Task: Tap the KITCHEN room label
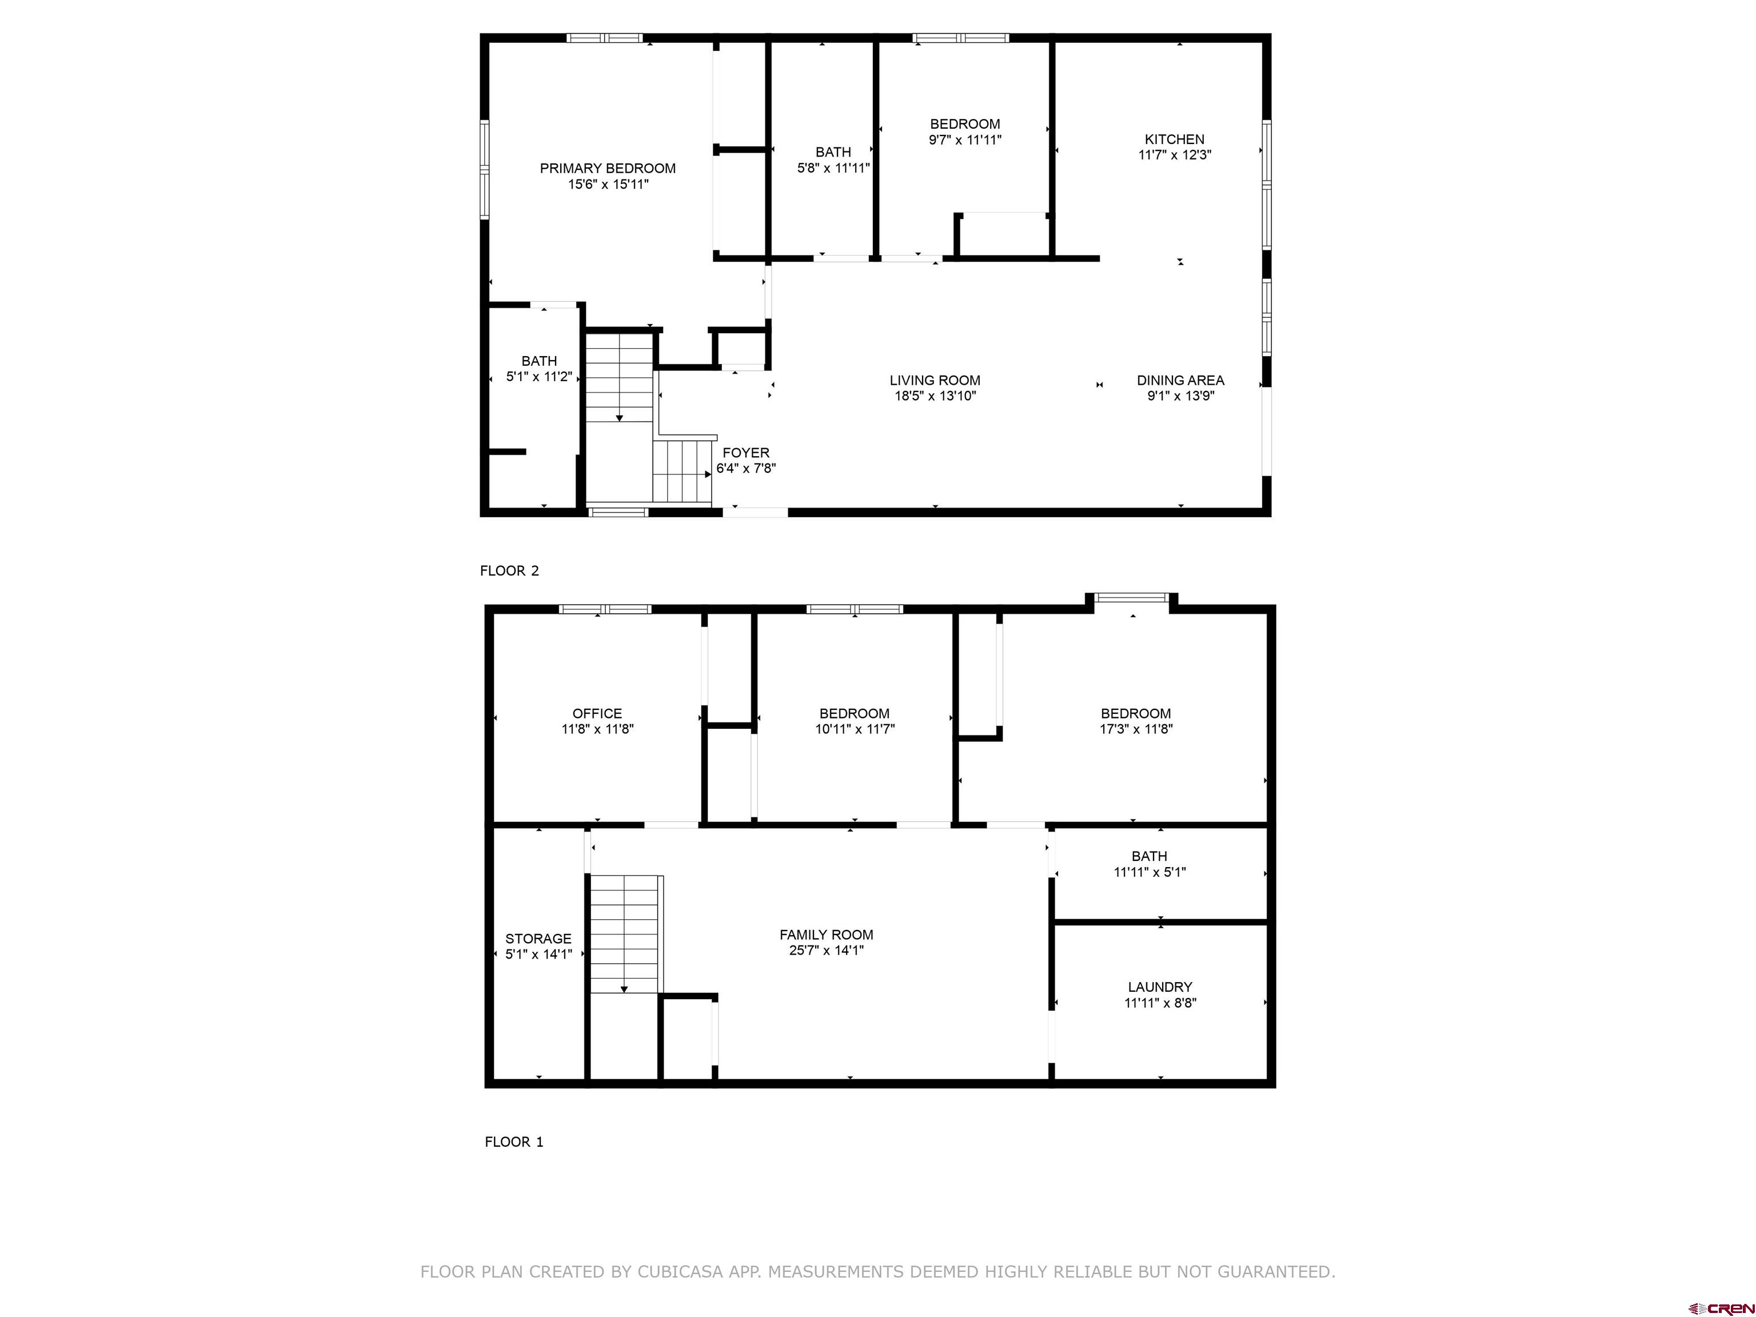coord(1174,139)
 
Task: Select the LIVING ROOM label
coord(935,380)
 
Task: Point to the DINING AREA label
coord(1180,380)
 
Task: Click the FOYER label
coord(745,453)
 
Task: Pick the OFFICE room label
coord(597,714)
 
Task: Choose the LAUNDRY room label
coord(1160,987)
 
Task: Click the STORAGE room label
coord(538,939)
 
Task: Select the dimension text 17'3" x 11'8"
coord(1135,729)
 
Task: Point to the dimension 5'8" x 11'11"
coord(833,167)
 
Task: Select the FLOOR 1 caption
coord(514,1142)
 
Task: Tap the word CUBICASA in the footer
coord(680,1272)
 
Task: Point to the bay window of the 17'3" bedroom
coord(1132,598)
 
